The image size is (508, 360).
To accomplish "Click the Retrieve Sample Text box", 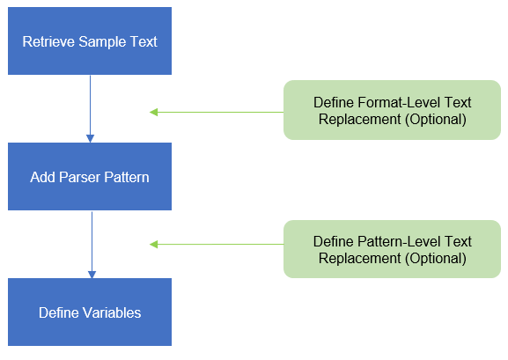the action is [x=90, y=41].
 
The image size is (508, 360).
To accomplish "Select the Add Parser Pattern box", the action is [x=90, y=177].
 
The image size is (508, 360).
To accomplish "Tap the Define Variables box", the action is [x=90, y=312].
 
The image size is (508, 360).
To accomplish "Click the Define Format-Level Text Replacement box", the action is [x=392, y=110].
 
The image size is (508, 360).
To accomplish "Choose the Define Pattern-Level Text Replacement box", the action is [x=392, y=249].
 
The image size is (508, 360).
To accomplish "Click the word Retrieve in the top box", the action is [x=48, y=41].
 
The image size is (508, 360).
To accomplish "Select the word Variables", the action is [x=112, y=312].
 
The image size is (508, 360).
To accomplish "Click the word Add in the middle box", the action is [x=43, y=177].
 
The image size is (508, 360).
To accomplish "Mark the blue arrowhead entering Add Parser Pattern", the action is [x=91, y=139].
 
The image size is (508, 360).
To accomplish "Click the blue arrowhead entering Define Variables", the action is [x=92, y=275].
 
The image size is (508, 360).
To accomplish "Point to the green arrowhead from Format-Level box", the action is [x=153, y=112].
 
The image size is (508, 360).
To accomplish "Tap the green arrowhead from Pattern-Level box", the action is [x=153, y=245].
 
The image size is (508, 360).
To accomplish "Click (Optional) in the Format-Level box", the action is [x=436, y=119].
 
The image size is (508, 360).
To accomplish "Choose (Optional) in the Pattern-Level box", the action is [x=436, y=258].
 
